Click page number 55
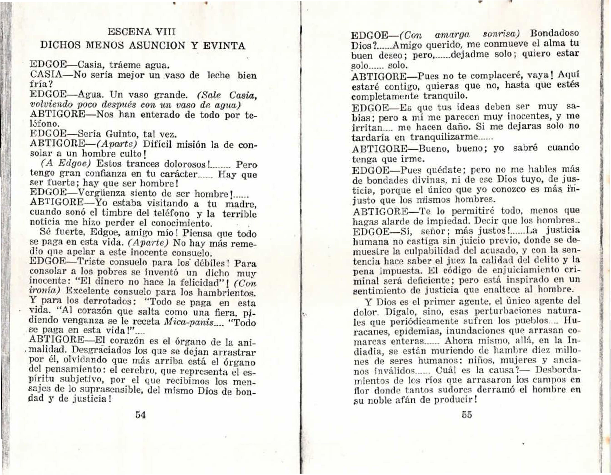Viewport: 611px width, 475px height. pyautogui.click(x=467, y=414)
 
